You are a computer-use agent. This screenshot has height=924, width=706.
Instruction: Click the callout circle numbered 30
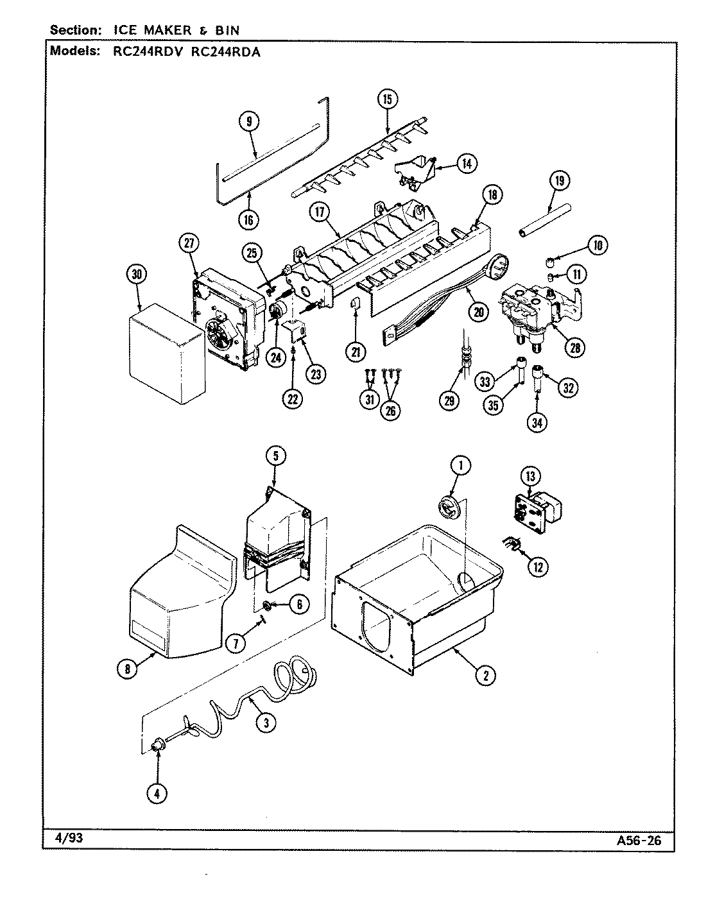tap(136, 274)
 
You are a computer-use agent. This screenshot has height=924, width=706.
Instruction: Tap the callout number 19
tap(559, 181)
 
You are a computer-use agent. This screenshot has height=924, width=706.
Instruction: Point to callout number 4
tap(156, 793)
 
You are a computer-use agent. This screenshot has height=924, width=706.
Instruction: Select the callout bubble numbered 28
tap(574, 347)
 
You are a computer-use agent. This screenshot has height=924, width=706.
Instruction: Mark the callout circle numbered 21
tap(356, 350)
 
